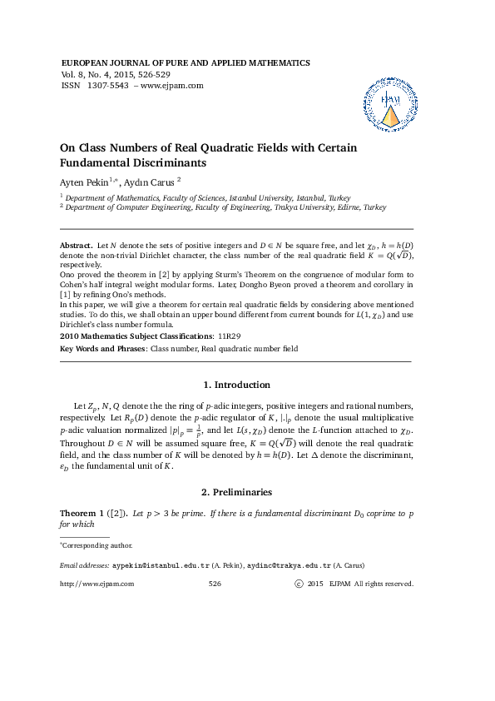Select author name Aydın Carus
(x=150, y=181)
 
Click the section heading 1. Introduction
(x=236, y=385)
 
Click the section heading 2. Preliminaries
(x=236, y=492)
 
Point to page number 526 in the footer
(x=214, y=584)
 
